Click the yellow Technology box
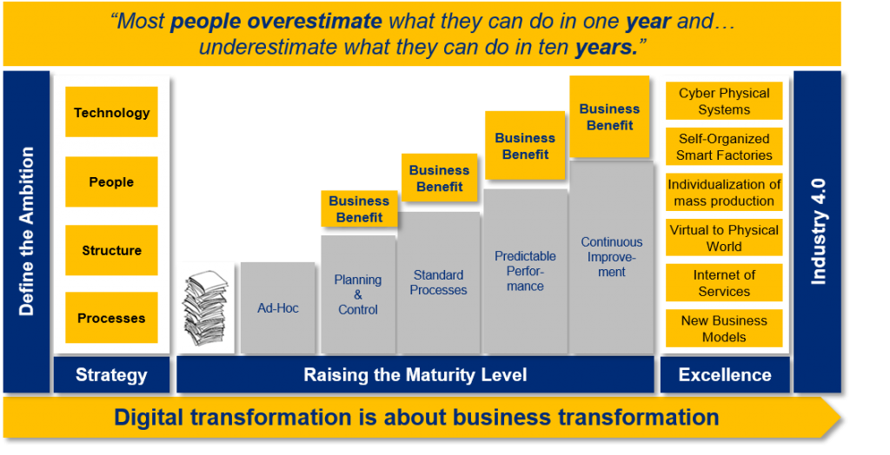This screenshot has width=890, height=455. (x=111, y=112)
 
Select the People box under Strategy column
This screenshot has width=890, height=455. (x=111, y=181)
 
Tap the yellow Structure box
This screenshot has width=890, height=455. (x=111, y=250)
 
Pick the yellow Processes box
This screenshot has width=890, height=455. (x=111, y=318)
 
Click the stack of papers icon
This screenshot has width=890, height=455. (x=205, y=308)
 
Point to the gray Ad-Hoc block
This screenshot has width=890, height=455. (x=277, y=308)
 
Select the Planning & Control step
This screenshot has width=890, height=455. (x=358, y=295)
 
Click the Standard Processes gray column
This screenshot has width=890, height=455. (x=439, y=283)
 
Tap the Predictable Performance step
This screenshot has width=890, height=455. (x=525, y=272)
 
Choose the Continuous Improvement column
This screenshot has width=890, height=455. (x=611, y=258)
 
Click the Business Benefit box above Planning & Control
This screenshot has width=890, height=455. (x=359, y=208)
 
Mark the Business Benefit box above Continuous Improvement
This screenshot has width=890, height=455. (x=609, y=117)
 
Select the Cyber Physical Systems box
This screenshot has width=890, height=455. (x=724, y=101)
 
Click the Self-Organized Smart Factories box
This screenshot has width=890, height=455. (x=724, y=147)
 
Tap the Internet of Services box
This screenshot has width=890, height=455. (x=724, y=282)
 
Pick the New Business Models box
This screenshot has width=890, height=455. (x=724, y=328)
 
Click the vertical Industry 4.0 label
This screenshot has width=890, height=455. (x=817, y=232)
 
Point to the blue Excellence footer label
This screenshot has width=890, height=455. (x=725, y=374)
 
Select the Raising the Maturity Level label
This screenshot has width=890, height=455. (x=415, y=374)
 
